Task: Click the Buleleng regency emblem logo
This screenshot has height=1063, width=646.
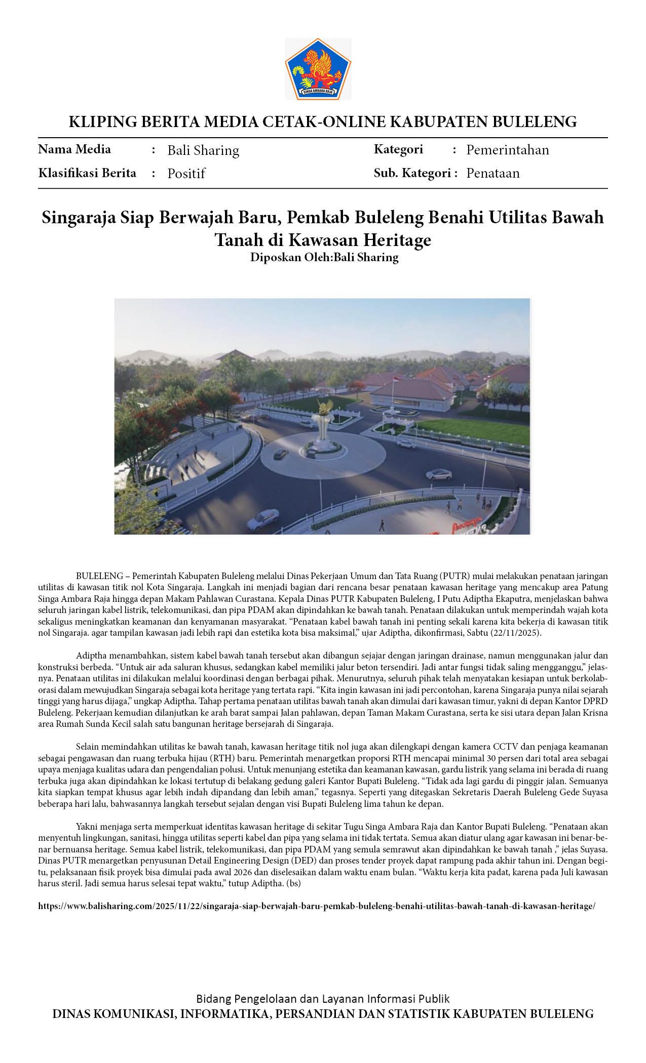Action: [x=318, y=69]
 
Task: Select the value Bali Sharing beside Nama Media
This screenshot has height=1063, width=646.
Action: [x=203, y=150]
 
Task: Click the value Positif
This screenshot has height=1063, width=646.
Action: [x=186, y=174]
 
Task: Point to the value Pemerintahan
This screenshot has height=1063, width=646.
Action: [x=507, y=150]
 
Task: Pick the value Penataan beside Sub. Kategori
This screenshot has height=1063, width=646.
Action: [x=492, y=173]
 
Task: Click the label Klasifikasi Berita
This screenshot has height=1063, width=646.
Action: [x=87, y=173]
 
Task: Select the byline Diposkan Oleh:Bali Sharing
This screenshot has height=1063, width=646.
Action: [x=324, y=257]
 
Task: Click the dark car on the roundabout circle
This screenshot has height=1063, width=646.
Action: [x=280, y=454]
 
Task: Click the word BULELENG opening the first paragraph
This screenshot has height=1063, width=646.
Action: [x=99, y=576]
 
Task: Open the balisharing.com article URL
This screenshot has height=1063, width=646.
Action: [x=317, y=906]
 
